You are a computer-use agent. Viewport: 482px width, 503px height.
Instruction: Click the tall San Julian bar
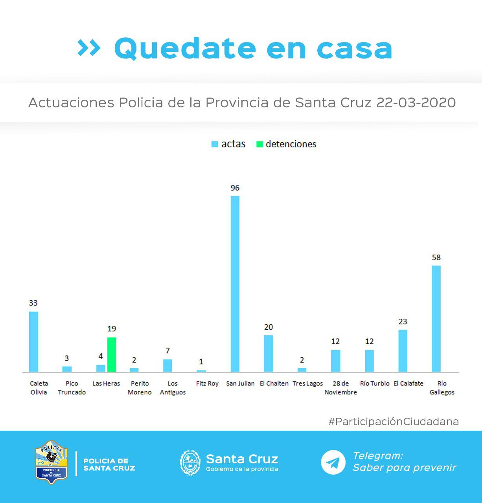point(235,284)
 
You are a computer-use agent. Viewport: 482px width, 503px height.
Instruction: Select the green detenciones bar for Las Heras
point(112,354)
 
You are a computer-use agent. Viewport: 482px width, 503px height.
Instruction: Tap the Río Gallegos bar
point(436,319)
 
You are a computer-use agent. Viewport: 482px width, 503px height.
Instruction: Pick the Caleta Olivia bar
point(34,341)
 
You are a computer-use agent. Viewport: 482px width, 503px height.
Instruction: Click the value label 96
point(235,188)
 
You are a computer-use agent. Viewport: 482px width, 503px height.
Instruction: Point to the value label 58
point(436,257)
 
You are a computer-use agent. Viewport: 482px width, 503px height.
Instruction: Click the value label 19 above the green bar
point(112,329)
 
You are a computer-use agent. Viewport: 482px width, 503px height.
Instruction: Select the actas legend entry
point(228,144)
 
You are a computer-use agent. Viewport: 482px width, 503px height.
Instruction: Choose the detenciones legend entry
point(286,144)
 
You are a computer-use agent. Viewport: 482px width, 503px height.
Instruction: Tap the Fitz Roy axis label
point(207,384)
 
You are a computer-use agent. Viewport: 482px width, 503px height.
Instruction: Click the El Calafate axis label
point(408,384)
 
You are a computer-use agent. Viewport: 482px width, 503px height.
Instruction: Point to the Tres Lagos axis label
point(307,384)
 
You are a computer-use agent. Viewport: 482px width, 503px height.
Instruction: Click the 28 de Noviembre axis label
point(341,388)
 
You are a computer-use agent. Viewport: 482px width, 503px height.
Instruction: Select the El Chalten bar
point(269,353)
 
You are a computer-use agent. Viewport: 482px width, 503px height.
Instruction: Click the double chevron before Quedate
point(89,48)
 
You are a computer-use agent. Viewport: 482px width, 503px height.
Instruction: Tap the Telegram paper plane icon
point(333,462)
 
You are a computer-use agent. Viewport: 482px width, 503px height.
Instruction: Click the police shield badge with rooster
point(52,462)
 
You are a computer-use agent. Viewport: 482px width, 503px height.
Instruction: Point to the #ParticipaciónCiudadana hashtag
point(394,422)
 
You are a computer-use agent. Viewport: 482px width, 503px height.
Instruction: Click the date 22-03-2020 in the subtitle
point(416,103)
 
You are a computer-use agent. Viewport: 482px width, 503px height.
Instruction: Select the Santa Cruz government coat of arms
point(190,463)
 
